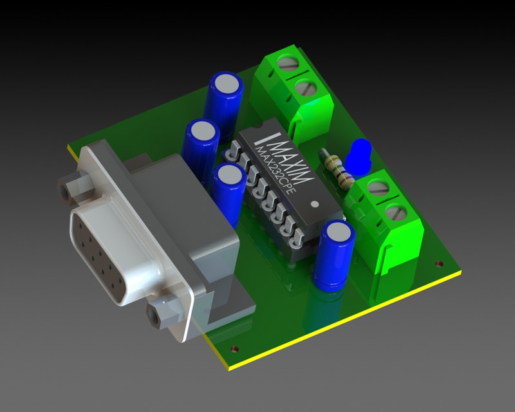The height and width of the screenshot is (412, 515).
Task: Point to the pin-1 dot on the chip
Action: point(314,204)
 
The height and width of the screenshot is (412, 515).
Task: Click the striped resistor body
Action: point(336,169)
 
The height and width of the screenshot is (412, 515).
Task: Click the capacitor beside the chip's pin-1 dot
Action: point(334,254)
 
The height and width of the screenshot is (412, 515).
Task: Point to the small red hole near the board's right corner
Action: point(440,263)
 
